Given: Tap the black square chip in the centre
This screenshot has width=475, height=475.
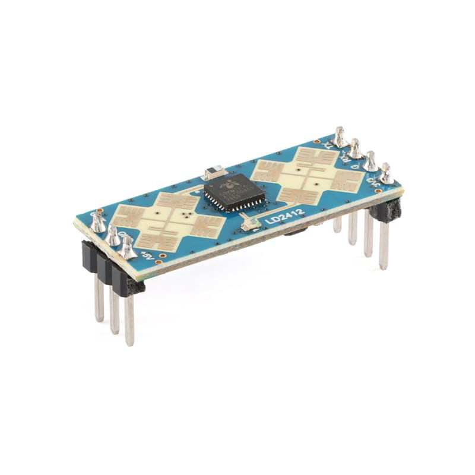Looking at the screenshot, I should pos(235,191).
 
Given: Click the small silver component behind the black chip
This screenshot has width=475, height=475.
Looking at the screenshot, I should pos(212,173).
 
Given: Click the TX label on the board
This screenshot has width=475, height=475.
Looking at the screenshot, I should pos(329,144).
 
